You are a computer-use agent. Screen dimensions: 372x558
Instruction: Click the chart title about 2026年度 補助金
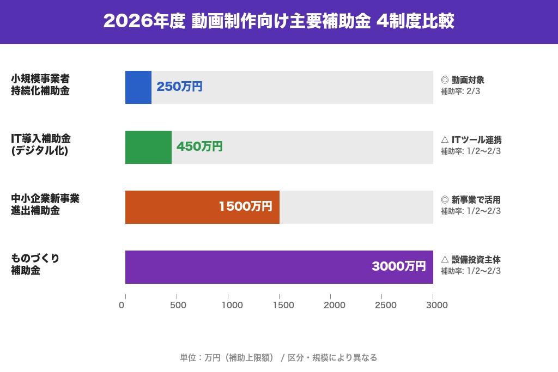278,21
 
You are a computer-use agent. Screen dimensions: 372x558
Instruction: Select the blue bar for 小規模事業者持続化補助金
138,87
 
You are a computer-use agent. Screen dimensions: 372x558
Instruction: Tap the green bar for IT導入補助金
148,147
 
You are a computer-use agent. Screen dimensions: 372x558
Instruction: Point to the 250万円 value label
179,87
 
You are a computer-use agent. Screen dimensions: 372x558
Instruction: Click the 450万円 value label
199,147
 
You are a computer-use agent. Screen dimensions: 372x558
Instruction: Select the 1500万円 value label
245,206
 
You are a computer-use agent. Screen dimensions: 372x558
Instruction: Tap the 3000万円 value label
398,266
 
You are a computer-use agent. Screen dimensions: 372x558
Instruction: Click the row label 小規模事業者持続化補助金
40,84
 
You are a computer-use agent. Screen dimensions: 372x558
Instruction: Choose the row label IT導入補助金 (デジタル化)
41,144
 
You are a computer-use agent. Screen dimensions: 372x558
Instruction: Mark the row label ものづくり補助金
35,264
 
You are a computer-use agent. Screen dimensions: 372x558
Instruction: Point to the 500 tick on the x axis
178,305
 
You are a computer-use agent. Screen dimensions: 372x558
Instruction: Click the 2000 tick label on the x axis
334,305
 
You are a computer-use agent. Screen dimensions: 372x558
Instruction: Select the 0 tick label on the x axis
122,305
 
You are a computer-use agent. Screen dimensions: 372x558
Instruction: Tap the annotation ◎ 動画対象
462,80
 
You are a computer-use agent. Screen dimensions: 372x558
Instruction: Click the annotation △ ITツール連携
471,140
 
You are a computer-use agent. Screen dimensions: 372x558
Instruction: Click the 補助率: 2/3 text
460,92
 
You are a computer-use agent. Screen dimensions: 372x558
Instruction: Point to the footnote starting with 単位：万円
278,358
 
